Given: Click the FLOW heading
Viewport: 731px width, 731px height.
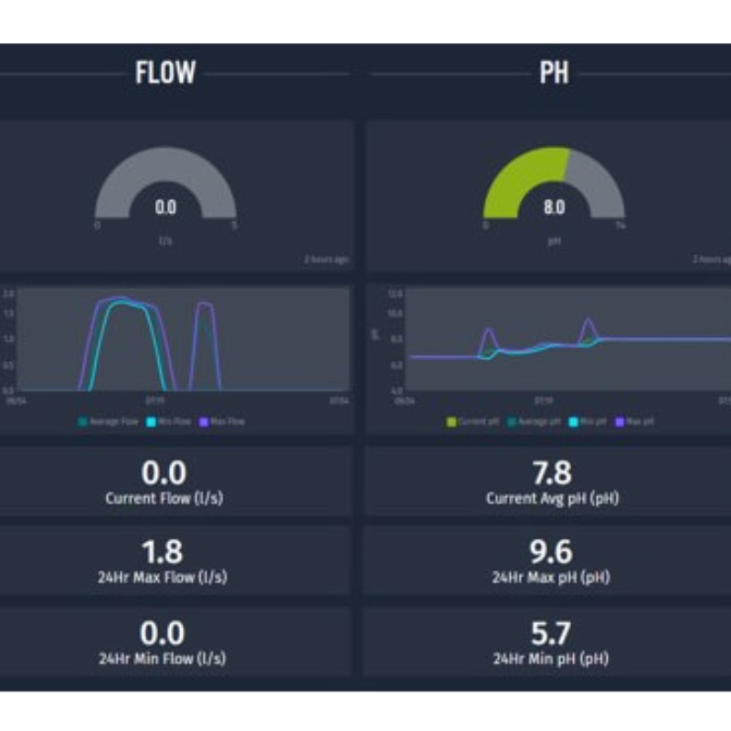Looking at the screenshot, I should click(x=165, y=73).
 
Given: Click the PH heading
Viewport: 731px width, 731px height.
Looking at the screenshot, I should click(x=554, y=73).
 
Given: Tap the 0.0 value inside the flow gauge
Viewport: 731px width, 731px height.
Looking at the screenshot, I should click(x=165, y=207).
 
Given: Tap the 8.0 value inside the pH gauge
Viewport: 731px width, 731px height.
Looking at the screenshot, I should click(x=554, y=207).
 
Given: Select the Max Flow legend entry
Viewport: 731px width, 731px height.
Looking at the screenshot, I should click(x=225, y=421).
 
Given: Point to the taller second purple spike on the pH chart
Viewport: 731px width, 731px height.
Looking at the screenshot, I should click(x=588, y=324).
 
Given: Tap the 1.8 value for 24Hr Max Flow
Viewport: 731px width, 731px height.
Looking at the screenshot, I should click(x=164, y=553).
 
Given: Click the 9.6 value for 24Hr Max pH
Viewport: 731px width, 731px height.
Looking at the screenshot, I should click(x=551, y=553).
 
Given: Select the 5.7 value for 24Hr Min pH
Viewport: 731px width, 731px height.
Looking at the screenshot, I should click(x=551, y=633).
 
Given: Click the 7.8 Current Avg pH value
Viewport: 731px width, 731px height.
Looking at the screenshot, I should click(x=551, y=472).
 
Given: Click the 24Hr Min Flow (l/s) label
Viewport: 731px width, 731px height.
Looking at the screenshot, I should click(x=164, y=658).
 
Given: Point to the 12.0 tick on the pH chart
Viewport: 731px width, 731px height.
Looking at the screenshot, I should click(x=396, y=294).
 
